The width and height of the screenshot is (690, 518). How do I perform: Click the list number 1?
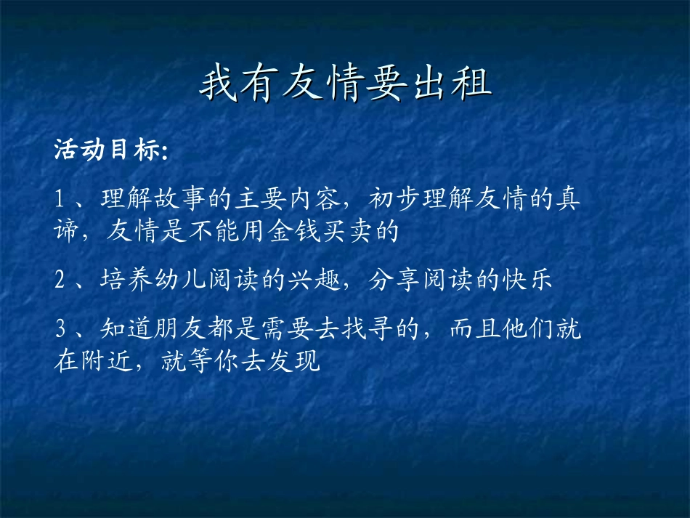[61, 199]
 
